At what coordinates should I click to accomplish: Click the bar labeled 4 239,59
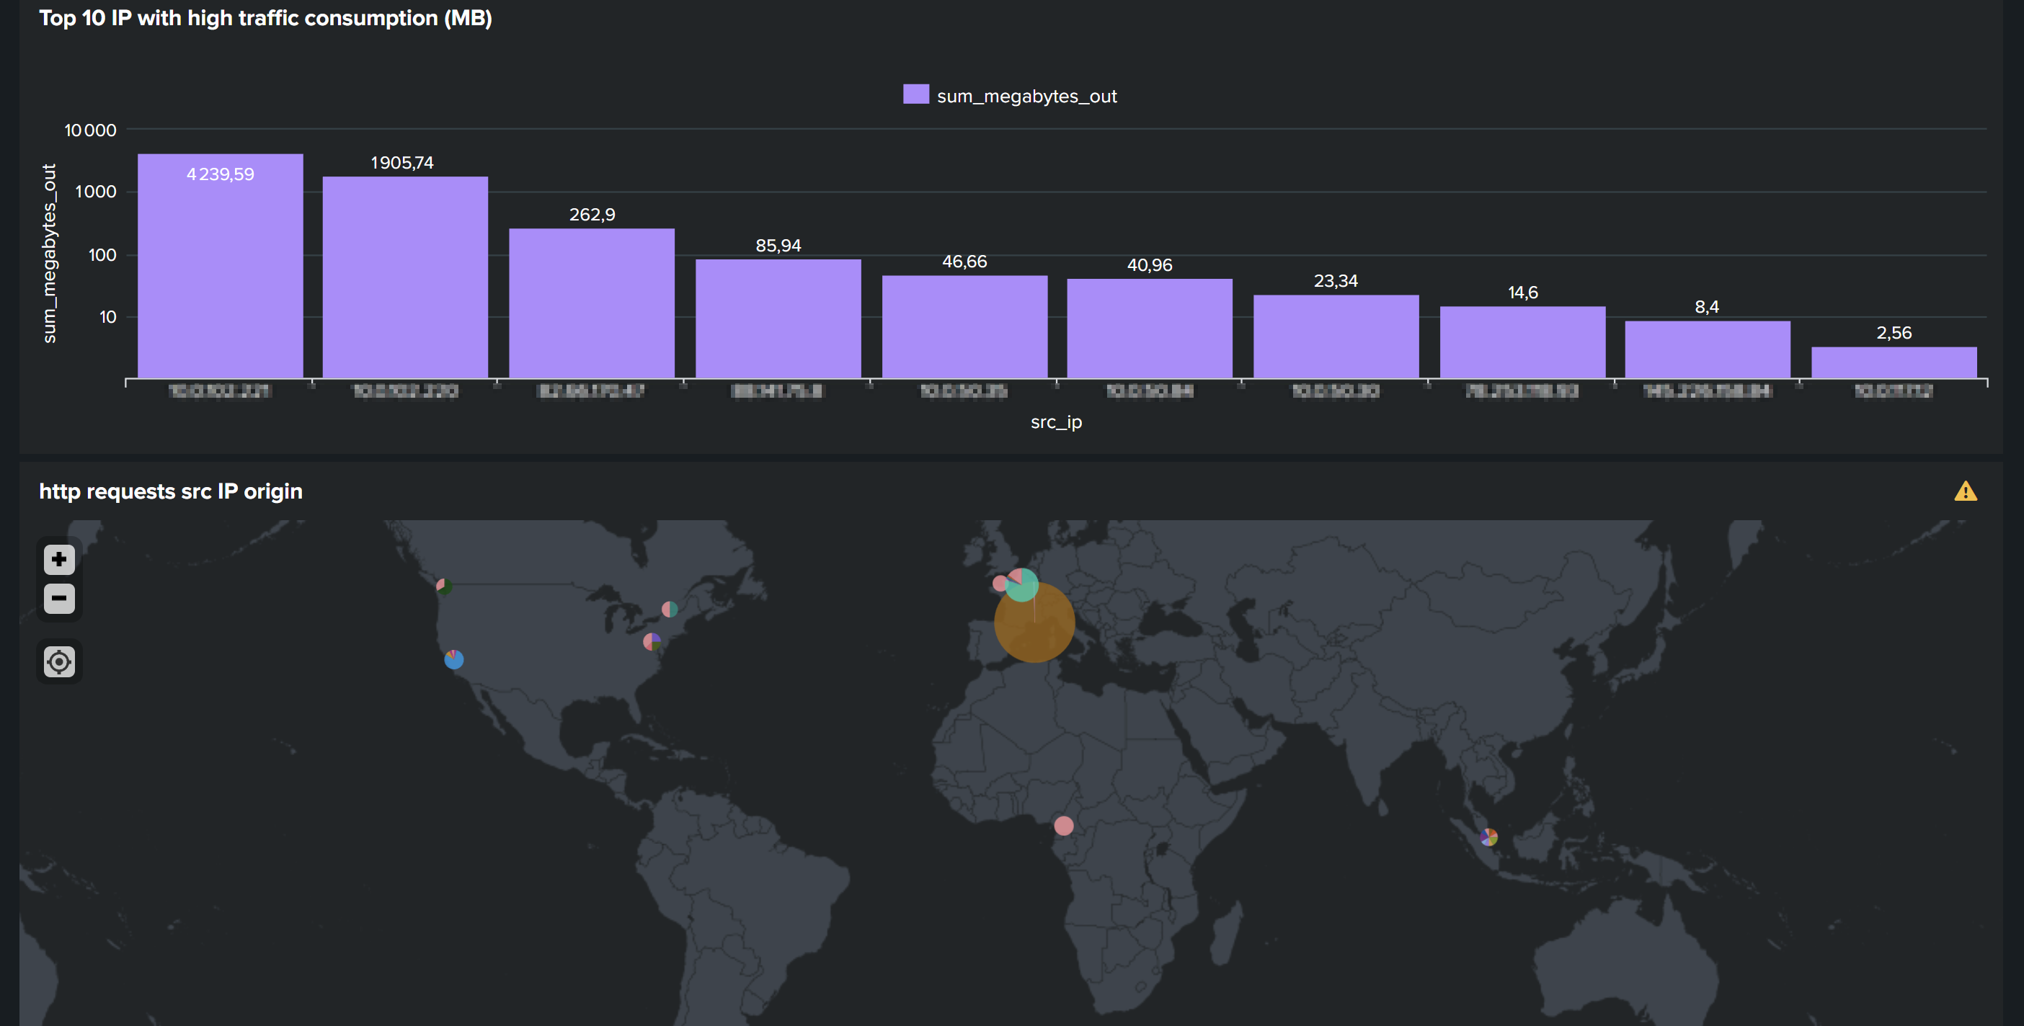pos(220,267)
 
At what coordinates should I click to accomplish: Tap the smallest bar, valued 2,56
pos(1894,362)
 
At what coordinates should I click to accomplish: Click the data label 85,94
pos(778,245)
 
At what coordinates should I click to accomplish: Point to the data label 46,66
pos(964,262)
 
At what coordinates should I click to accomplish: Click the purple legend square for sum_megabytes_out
pos(915,95)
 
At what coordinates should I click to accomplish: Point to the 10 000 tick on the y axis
pos(90,130)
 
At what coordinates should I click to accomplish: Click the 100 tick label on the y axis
pos(102,254)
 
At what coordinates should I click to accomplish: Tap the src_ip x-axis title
pos(1056,422)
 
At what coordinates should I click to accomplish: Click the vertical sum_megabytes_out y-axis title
pos(50,253)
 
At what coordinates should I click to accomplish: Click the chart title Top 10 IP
pos(265,17)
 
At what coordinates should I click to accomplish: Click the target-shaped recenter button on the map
pos(59,661)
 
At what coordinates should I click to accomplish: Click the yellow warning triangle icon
pos(1965,492)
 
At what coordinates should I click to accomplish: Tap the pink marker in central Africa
pos(1063,825)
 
